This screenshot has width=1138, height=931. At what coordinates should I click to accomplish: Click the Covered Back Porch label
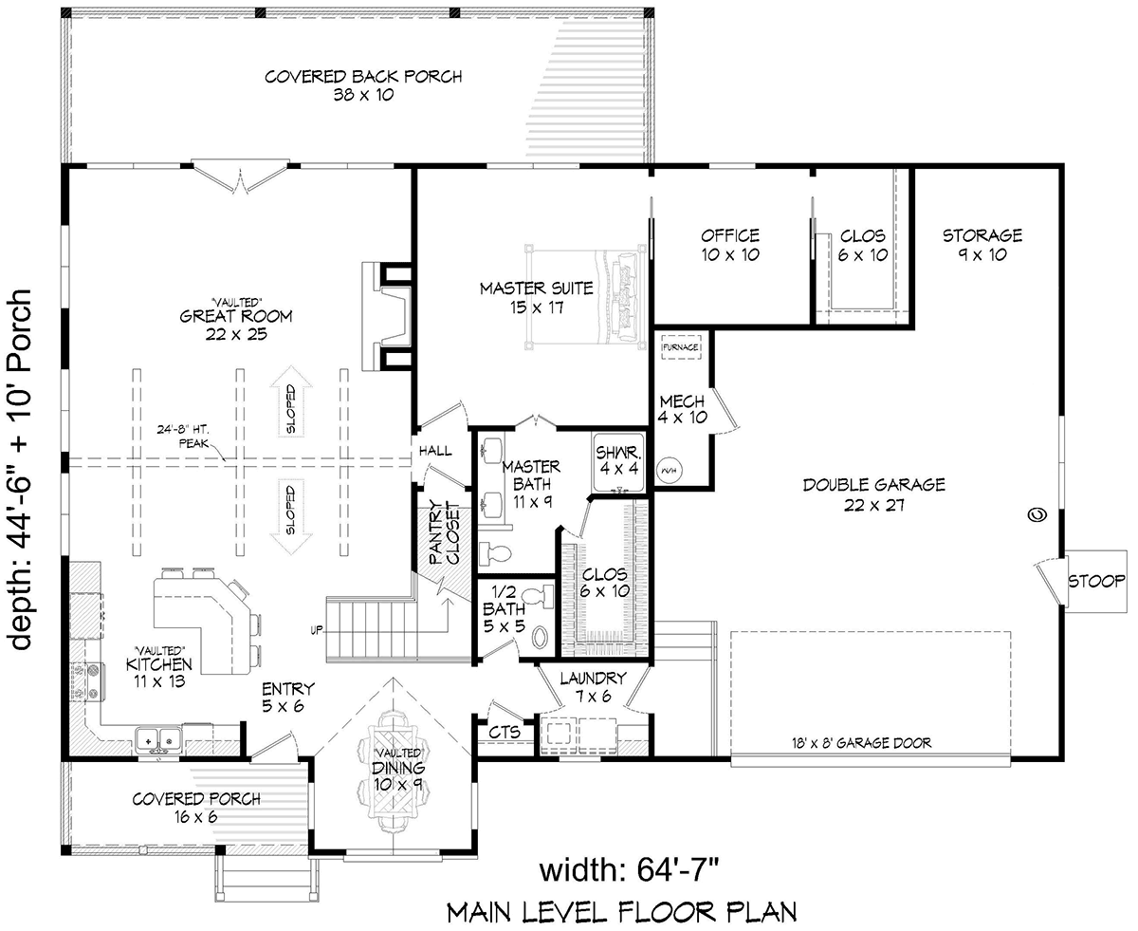tap(363, 85)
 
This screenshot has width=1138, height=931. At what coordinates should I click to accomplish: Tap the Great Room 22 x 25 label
tap(236, 325)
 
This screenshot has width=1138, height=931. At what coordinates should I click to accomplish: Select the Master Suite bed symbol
tap(585, 298)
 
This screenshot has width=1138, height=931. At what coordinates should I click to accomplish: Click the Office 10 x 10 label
tap(730, 245)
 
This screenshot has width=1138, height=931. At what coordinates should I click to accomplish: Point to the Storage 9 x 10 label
tap(982, 245)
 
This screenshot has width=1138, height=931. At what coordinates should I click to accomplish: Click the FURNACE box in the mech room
tap(681, 346)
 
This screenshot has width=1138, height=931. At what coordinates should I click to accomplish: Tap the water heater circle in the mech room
tap(670, 471)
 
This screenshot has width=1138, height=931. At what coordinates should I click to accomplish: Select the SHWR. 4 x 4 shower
tap(619, 461)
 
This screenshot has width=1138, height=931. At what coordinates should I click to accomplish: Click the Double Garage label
tap(874, 494)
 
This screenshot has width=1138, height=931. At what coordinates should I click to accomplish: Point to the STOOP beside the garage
tap(1096, 581)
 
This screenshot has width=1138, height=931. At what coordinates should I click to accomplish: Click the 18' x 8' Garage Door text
tap(861, 742)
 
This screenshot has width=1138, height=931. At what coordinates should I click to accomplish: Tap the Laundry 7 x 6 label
tap(593, 687)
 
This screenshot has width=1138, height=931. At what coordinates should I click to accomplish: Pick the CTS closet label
tap(504, 732)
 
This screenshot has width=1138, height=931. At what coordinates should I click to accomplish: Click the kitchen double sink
tap(158, 737)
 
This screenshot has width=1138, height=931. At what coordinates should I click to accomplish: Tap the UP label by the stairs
tap(317, 630)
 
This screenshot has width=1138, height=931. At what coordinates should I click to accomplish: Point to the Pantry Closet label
tap(444, 533)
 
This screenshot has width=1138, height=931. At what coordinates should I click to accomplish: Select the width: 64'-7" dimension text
tap(629, 870)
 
